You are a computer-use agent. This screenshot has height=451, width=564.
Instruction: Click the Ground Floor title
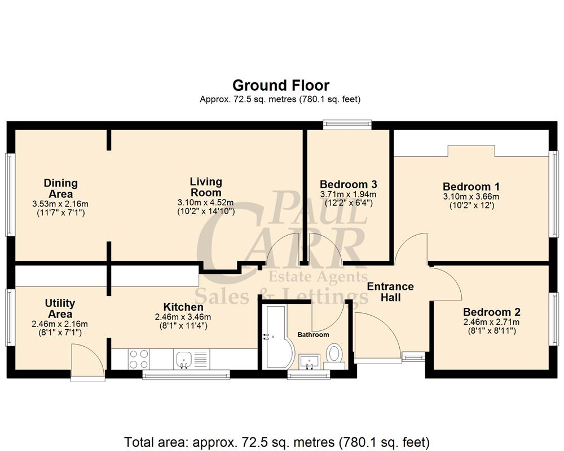coord(281,85)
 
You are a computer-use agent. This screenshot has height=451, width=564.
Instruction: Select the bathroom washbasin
coord(309,360)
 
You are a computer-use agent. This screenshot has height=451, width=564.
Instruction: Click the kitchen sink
coord(184,359)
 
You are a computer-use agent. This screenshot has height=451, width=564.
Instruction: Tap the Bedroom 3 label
coord(348,184)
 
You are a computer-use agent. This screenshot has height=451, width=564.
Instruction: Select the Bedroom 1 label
coord(471,187)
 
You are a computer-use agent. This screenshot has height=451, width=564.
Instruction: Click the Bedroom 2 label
coord(491,312)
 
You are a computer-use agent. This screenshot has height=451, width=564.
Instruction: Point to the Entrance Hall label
coord(390,291)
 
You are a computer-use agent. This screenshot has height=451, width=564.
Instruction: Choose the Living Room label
coord(205,187)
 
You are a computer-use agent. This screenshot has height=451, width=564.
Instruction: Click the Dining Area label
coord(61,188)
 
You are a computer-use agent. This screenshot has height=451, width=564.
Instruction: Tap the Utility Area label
coord(60,308)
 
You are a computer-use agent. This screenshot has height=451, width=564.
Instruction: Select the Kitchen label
coord(183,307)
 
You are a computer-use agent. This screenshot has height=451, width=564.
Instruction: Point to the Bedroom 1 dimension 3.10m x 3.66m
coord(471,197)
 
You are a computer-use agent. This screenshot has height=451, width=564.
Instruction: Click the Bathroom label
coord(313,335)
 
